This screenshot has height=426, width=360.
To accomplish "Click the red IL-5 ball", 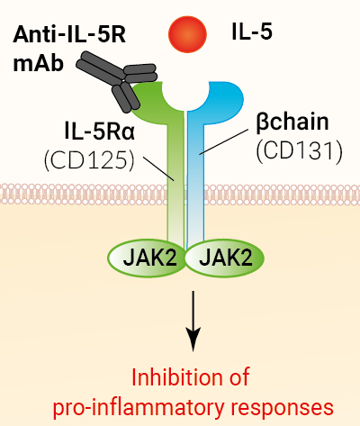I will (184, 34).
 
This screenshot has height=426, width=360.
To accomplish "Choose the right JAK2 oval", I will (220, 258).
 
